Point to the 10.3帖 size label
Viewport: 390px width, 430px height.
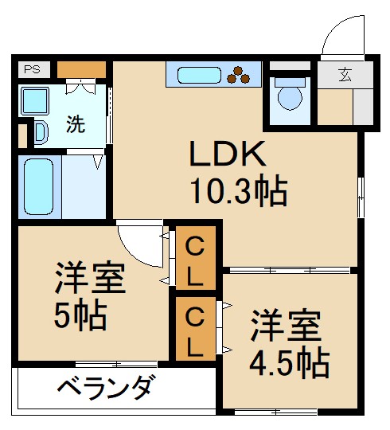(x=236, y=191)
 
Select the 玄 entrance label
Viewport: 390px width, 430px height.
(x=345, y=76)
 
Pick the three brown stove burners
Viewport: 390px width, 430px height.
(x=240, y=76)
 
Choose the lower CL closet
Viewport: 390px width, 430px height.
(x=194, y=329)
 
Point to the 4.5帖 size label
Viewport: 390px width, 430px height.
(x=289, y=363)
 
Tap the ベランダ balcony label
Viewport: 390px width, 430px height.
(x=104, y=389)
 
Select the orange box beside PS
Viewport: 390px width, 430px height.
(x=80, y=69)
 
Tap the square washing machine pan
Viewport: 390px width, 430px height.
(x=34, y=101)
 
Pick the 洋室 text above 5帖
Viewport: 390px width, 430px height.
(x=89, y=279)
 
